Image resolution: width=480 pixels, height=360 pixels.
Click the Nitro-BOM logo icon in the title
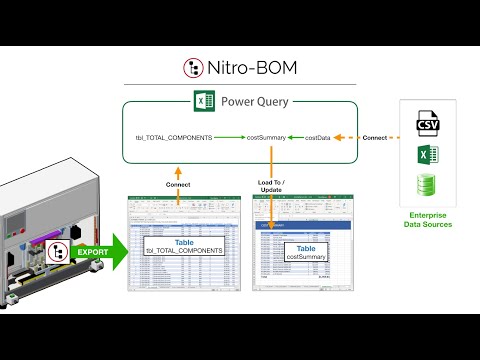coord(193,68)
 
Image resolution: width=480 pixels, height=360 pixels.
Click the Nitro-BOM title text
coord(251,68)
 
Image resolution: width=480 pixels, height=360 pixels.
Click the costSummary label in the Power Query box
coord(268,137)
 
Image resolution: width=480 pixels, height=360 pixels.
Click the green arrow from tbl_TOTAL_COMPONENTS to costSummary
coord(229,137)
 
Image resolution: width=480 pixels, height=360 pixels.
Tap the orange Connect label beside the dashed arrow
coord(375,137)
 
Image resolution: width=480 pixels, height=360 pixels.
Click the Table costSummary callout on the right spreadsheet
coord(307,254)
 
